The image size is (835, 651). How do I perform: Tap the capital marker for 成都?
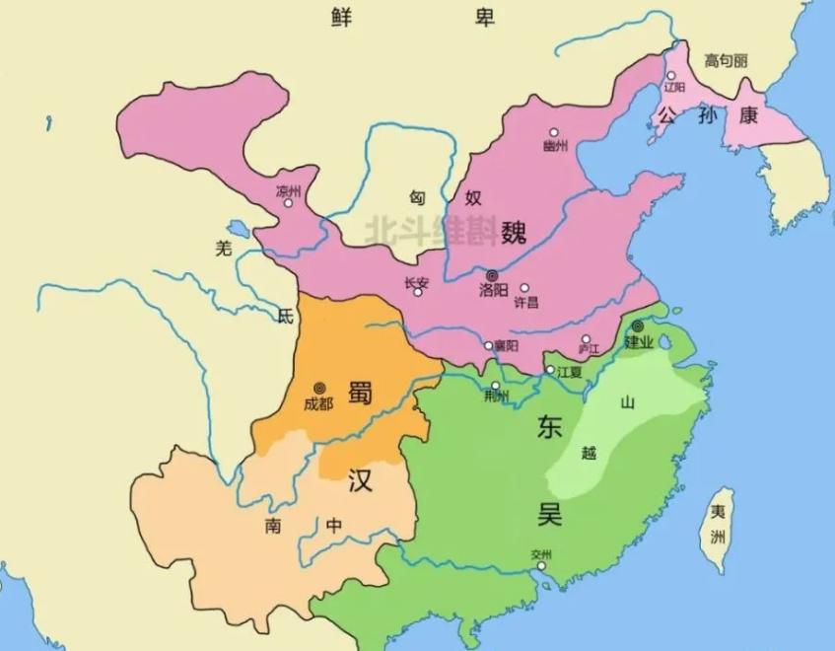(x=318, y=388)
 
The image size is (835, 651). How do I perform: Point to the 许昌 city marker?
(x=524, y=288)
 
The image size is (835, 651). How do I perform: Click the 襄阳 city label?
(x=507, y=347)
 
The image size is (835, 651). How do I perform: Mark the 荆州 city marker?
(x=496, y=385)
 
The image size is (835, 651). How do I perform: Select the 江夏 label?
(x=570, y=372)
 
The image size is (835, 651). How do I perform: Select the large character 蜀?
(x=360, y=388)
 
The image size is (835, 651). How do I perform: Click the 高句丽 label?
(x=726, y=61)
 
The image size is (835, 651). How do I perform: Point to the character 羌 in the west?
(x=224, y=249)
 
